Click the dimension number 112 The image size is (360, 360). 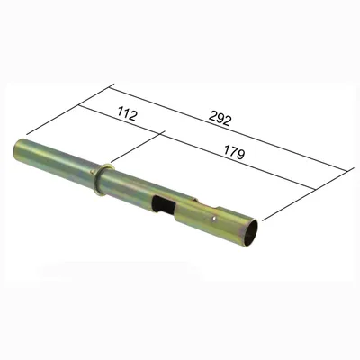click(x=127, y=114)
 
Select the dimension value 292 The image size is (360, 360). click(x=220, y=119)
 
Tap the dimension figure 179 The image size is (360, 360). click(x=234, y=152)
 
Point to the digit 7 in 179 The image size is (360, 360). click(x=234, y=152)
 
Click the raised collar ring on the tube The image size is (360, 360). click(x=103, y=179)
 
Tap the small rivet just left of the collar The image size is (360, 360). click(x=92, y=172)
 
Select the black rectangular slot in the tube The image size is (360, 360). click(x=164, y=205)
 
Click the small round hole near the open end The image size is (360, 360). click(x=213, y=220)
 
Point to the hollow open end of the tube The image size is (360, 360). click(x=250, y=233)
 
